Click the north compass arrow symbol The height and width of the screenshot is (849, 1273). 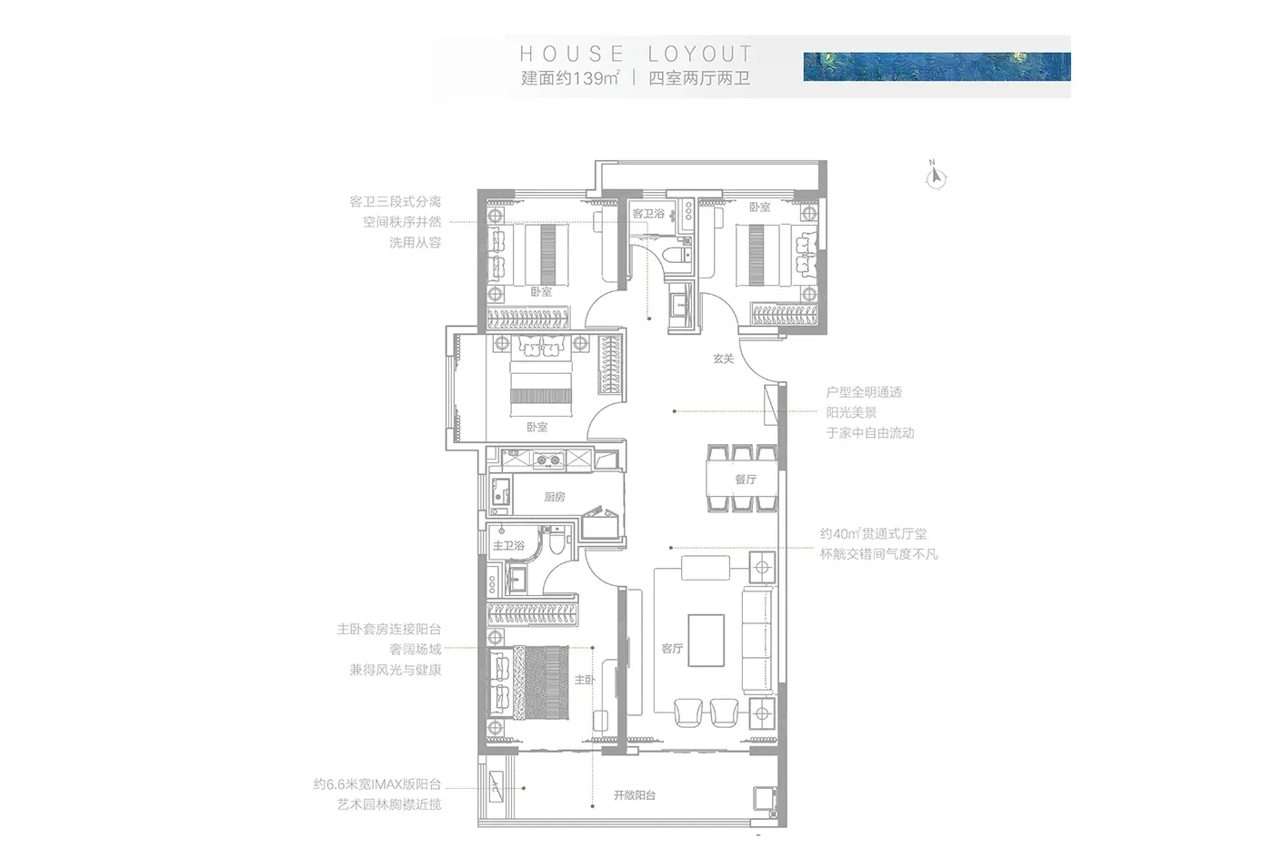[x=936, y=177]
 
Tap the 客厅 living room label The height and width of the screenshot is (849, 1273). [x=672, y=648]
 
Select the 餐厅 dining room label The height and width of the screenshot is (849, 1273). [x=746, y=480]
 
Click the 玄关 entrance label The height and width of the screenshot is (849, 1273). [x=724, y=359]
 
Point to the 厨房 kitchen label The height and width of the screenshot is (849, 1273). [x=554, y=497]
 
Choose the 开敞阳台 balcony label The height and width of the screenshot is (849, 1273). [x=635, y=795]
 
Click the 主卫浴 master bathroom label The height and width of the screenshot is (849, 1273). [x=508, y=546]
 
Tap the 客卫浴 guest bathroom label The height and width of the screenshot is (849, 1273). [x=648, y=213]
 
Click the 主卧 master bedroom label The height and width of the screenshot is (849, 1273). [x=585, y=680]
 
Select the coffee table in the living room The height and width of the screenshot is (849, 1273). [x=706, y=641]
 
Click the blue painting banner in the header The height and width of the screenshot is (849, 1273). [x=937, y=66]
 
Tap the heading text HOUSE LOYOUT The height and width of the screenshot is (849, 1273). [x=636, y=54]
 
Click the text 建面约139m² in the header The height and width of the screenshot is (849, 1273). [x=570, y=78]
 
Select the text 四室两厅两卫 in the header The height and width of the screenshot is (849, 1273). [x=699, y=78]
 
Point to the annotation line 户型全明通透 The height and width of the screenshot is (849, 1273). [x=864, y=392]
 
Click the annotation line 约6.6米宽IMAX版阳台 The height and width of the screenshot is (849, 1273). [x=377, y=784]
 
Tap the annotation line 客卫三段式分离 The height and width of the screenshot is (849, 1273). [x=396, y=201]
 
